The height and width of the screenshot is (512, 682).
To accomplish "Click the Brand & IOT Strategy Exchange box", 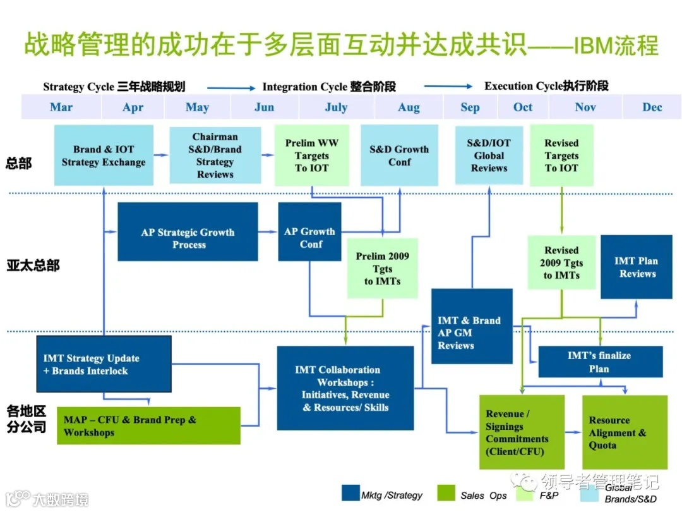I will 104,155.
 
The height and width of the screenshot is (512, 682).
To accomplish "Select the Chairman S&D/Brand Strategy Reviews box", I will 215,155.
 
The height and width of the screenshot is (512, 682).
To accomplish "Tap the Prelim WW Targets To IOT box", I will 311,155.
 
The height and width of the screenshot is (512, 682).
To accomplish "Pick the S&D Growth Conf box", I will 398,155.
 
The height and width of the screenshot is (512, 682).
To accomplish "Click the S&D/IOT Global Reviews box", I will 489,155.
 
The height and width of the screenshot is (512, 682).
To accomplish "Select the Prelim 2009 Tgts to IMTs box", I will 382,268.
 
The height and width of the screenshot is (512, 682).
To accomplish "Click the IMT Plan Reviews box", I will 636,267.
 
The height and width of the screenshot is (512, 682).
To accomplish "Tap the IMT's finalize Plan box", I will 599,362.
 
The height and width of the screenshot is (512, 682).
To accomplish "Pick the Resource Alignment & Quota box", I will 624,432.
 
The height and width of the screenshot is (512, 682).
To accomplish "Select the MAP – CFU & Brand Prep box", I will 148,425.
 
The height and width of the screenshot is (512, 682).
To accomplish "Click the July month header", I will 336,107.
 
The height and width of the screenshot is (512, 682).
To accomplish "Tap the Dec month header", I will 652,107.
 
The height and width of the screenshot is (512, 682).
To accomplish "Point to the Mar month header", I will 61,107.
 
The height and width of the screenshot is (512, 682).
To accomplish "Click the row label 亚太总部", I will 33,265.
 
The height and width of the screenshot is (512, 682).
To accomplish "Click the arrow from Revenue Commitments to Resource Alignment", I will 572,432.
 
